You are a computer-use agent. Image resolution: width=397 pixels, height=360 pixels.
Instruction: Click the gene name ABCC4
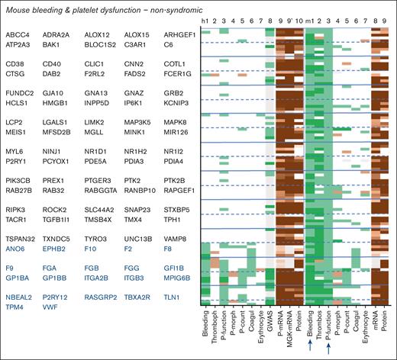(x=17, y=36)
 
